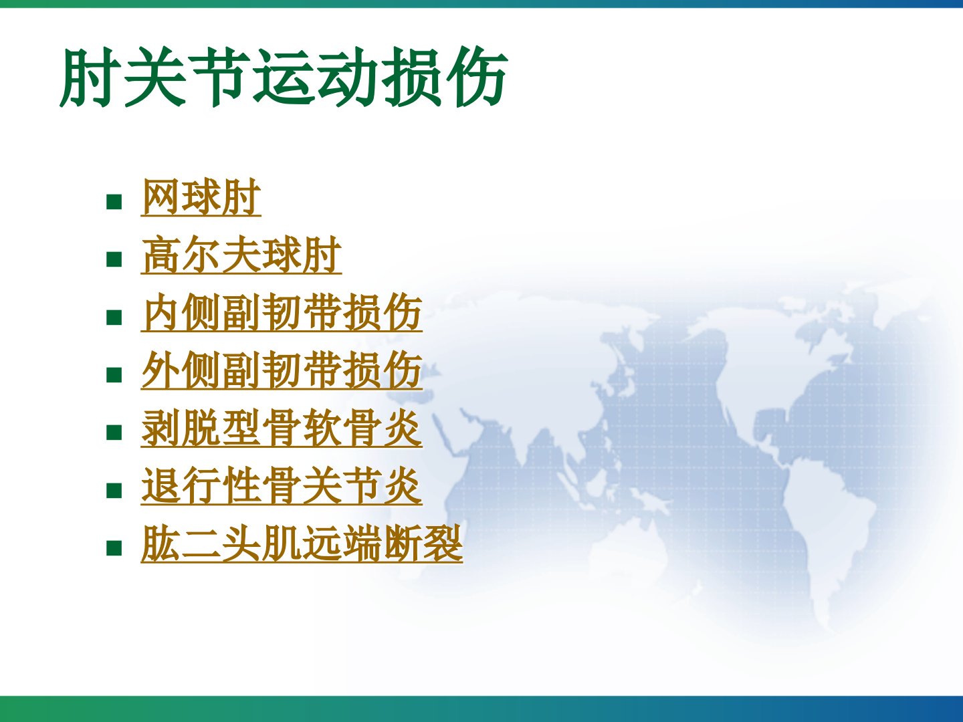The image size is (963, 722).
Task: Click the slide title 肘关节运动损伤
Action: tap(284, 77)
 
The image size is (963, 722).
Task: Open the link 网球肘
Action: tap(201, 197)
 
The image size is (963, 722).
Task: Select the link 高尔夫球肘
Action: tap(241, 255)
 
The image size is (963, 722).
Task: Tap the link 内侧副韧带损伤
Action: tap(282, 313)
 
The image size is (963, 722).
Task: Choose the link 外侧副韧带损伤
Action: tap(282, 371)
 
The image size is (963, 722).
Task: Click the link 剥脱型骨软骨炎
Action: tap(282, 429)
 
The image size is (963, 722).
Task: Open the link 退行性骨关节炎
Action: tap(282, 487)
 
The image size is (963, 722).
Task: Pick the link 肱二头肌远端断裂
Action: tap(302, 544)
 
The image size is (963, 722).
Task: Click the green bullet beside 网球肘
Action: tap(114, 202)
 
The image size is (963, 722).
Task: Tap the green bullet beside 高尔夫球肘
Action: tap(114, 259)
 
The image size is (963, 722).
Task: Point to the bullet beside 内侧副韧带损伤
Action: tap(114, 318)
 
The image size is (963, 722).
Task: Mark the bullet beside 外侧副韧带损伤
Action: tap(114, 375)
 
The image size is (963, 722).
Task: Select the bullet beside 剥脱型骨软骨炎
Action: tap(114, 433)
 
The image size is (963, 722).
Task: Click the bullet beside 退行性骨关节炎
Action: tap(114, 491)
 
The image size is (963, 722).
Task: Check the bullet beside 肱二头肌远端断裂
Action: tap(114, 548)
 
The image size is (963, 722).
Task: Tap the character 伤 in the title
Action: tap(477, 77)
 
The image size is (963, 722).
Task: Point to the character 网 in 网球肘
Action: tap(161, 197)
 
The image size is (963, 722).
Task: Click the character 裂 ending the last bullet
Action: tap(443, 544)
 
